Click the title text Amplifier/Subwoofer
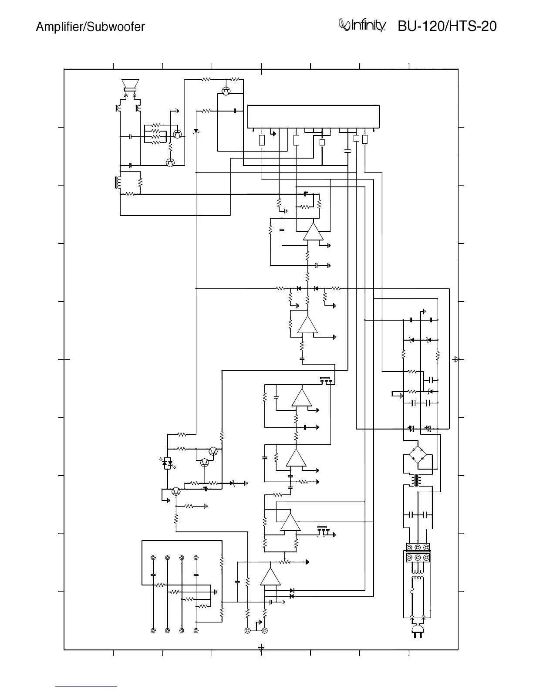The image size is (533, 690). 90,27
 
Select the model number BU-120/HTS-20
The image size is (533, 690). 447,27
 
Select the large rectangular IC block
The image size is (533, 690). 313,117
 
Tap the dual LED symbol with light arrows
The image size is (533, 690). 167,464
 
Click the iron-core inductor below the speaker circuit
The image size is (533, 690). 117,183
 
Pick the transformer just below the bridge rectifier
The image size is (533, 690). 418,481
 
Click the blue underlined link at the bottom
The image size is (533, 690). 86,686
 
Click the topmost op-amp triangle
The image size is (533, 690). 313,232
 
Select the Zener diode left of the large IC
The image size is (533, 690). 196,131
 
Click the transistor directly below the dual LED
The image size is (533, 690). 176,491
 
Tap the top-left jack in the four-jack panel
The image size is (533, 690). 153,558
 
